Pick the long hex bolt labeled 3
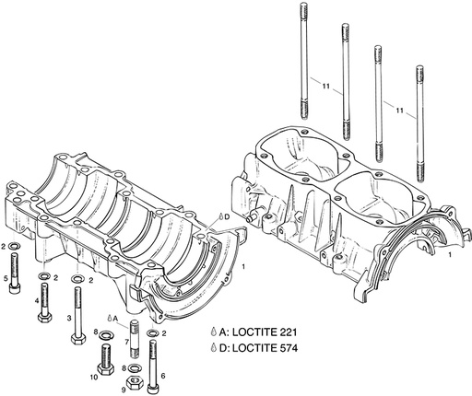(x=79, y=313)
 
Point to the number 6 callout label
(x=162, y=375)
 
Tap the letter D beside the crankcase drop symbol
(x=226, y=215)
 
